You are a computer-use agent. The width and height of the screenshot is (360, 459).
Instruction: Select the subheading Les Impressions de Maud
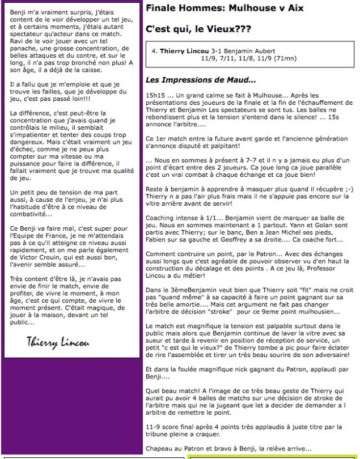[x=201, y=79]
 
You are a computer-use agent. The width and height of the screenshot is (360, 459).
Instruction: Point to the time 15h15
[x=155, y=95]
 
